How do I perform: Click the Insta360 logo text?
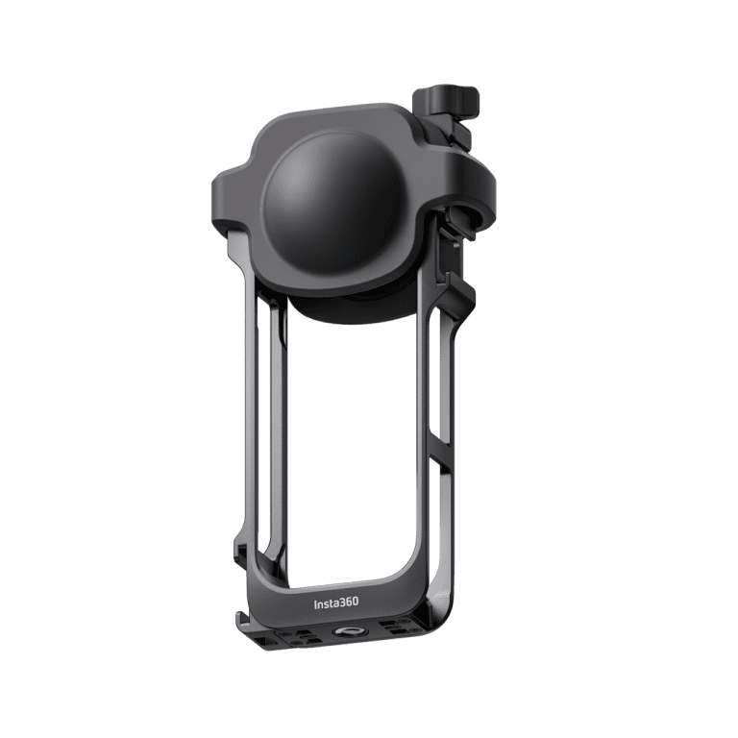336,603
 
